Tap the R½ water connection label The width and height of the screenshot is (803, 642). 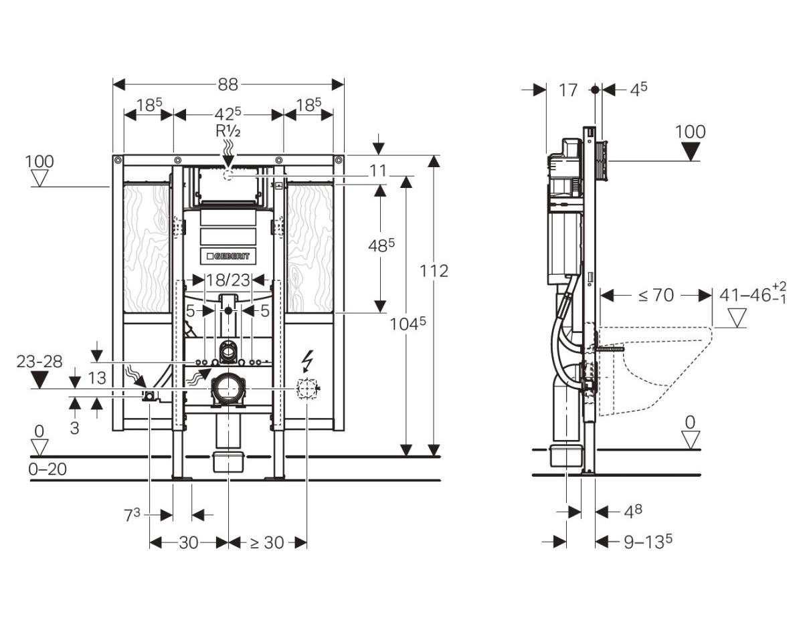pos(228,131)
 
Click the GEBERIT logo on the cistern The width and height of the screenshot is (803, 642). pos(228,255)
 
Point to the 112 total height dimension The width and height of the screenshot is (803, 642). pos(435,271)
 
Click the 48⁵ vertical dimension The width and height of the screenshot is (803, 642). pos(381,246)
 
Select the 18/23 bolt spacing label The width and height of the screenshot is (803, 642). pos(228,279)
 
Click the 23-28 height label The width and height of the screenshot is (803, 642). pos(39,362)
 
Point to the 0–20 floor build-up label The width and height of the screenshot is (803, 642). pos(48,469)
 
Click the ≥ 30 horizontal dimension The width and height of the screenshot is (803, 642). pos(267,542)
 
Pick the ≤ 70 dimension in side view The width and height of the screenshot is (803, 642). pos(656,295)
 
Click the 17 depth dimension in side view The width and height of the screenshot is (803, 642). pos(568,90)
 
